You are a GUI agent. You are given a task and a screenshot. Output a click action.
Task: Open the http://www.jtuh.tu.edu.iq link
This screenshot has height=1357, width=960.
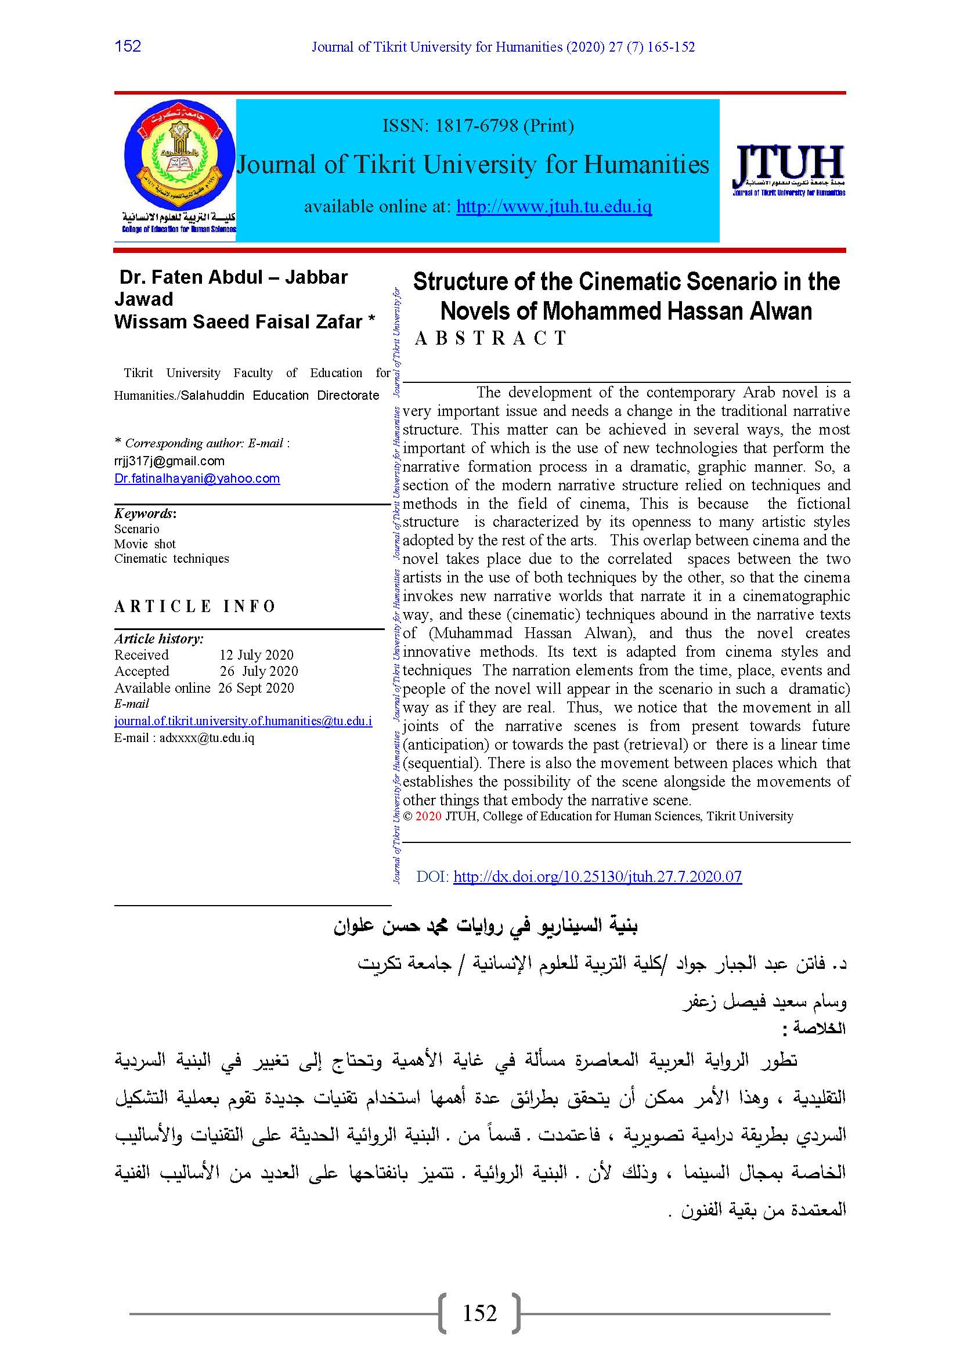pyautogui.click(x=554, y=207)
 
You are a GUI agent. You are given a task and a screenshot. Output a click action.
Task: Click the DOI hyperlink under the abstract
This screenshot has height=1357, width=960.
pyautogui.click(x=597, y=877)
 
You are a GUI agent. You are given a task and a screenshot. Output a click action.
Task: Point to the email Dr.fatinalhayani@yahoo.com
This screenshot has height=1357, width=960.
pyautogui.click(x=197, y=479)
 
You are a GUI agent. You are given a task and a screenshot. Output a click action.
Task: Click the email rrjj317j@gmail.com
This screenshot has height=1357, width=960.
pyautogui.click(x=169, y=461)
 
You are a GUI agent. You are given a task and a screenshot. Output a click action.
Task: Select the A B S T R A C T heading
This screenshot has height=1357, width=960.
pyautogui.click(x=490, y=338)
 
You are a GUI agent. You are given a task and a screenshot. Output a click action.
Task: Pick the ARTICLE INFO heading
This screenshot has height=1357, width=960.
pyautogui.click(x=195, y=606)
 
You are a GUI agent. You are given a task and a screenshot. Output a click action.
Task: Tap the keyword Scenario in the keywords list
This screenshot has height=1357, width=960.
pyautogui.click(x=136, y=529)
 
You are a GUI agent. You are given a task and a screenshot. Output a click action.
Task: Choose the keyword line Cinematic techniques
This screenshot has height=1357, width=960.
pyautogui.click(x=171, y=559)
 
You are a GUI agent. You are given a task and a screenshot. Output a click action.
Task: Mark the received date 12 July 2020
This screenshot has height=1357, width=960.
pyautogui.click(x=257, y=655)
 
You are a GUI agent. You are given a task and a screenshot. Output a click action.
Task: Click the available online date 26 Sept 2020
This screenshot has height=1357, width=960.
pyautogui.click(x=256, y=688)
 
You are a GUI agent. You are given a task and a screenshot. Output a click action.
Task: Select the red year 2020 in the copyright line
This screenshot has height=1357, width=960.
pyautogui.click(x=428, y=816)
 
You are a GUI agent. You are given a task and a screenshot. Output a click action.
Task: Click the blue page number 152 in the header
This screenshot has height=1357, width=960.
pyautogui.click(x=128, y=46)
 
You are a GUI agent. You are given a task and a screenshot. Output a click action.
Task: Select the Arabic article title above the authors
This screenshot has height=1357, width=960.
pyautogui.click(x=485, y=926)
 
